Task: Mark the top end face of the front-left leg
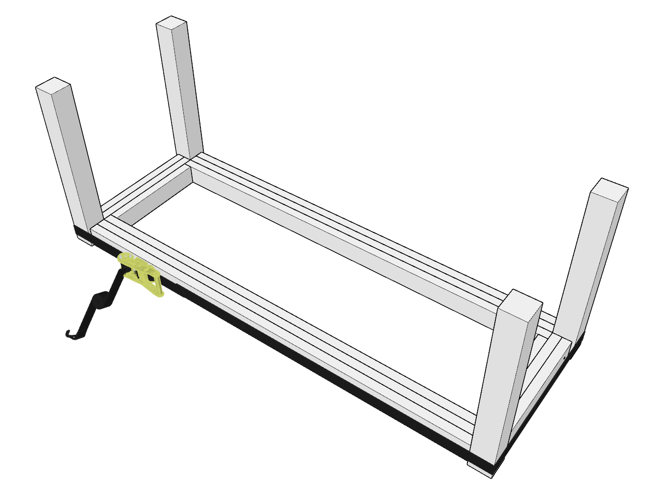pos(54,84)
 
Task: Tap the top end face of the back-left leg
pos(171,22)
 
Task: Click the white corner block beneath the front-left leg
pos(85,239)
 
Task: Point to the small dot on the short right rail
pos(564,358)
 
